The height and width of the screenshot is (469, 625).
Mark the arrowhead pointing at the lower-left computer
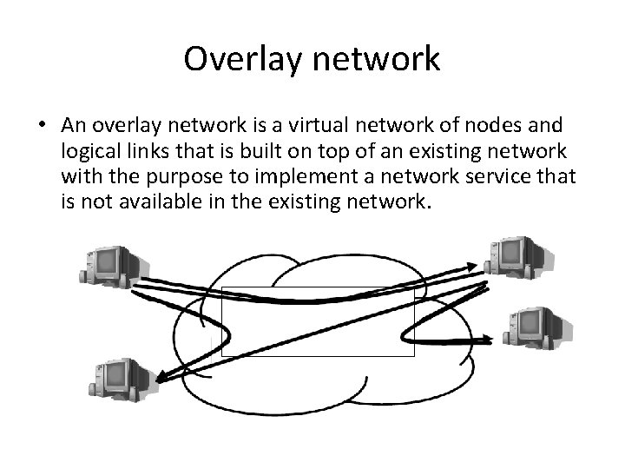pos(163,375)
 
